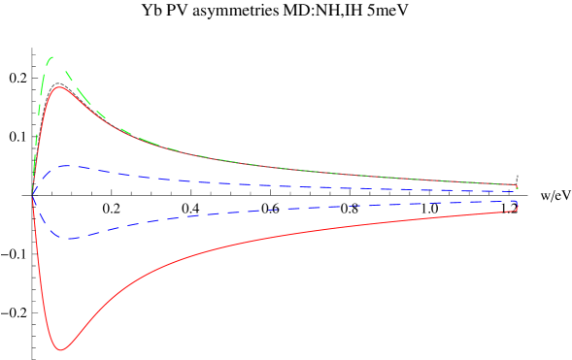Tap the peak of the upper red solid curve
pyautogui.click(x=59, y=87)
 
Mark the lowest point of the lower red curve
pyautogui.click(x=60, y=349)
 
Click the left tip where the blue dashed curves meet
pyautogui.click(x=33, y=198)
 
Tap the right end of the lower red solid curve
pyautogui.click(x=517, y=211)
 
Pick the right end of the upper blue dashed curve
pyautogui.click(x=517, y=191)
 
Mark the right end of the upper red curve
pyautogui.click(x=517, y=184)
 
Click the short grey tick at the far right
pyautogui.click(x=518, y=178)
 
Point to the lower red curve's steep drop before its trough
pyautogui.click(x=42, y=281)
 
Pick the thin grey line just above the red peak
pyautogui.click(x=59, y=83)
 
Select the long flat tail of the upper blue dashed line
pyautogui.click(x=291, y=185)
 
